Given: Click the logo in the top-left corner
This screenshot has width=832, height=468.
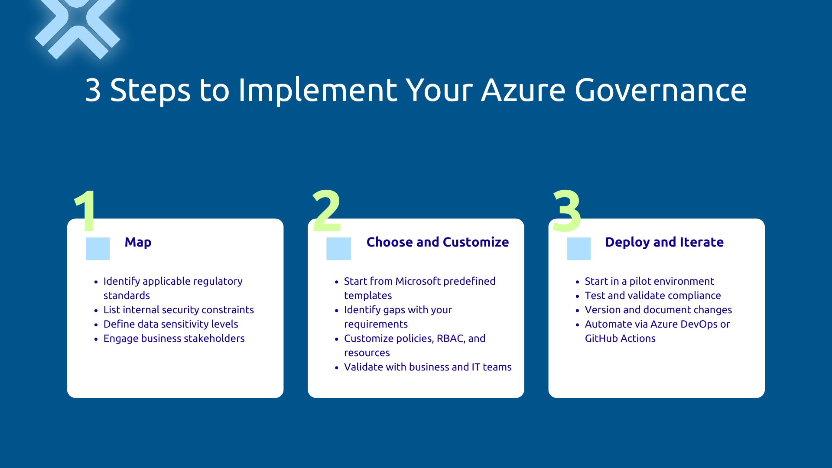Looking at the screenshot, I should coord(77,29).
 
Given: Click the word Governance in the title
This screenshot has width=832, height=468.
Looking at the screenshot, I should coord(660,91).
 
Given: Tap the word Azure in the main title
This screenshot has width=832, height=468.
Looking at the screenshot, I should coord(523,91).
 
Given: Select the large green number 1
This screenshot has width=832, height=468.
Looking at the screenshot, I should coord(87,211).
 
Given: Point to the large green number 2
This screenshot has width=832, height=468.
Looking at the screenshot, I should coord(327,211).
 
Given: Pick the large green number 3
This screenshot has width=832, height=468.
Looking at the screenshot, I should coord(567,211).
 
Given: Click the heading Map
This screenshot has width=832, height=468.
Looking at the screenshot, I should coord(138,242).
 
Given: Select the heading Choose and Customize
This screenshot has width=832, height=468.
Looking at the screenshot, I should coord(437,242).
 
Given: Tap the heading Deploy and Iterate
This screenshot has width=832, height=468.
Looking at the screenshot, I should coord(664,242).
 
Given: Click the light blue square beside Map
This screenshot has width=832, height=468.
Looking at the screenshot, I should coord(97,249).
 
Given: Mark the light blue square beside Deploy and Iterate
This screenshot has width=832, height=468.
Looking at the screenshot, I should coord(578,249).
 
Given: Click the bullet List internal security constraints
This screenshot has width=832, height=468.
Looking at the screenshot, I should coord(179,310).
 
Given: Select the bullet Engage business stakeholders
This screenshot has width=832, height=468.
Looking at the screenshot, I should coord(174,338).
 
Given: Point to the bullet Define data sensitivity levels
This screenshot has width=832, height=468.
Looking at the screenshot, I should coord(171,324).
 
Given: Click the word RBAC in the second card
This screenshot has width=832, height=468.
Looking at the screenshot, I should coord(450,338).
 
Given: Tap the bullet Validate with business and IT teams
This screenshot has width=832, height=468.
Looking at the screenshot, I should coord(427,367).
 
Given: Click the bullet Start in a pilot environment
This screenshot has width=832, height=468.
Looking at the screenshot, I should coord(649,281).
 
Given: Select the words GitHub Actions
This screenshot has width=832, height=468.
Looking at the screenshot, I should coord(620,338).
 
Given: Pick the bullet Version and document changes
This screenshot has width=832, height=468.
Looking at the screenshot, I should coord(658,310).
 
